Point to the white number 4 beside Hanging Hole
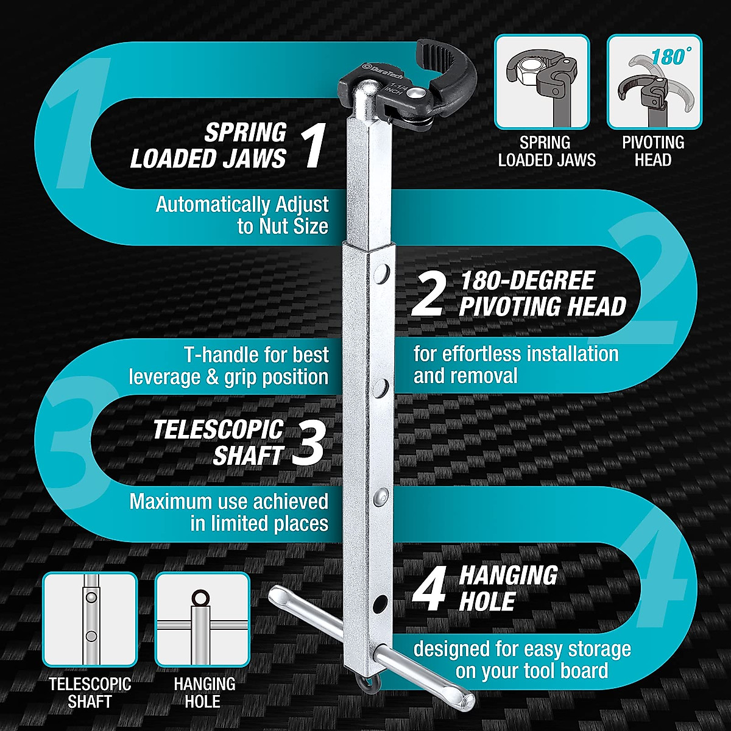tap(429, 590)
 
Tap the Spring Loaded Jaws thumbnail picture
tap(542, 82)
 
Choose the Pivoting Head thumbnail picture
tap(654, 82)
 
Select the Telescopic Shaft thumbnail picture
tap(90, 619)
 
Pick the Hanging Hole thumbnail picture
tap(202, 619)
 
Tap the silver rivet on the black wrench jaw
tap(416, 93)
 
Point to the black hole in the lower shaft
tap(381, 603)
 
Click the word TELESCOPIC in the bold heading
tap(218, 429)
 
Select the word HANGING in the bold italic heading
tap(508, 575)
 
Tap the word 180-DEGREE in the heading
tap(527, 281)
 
